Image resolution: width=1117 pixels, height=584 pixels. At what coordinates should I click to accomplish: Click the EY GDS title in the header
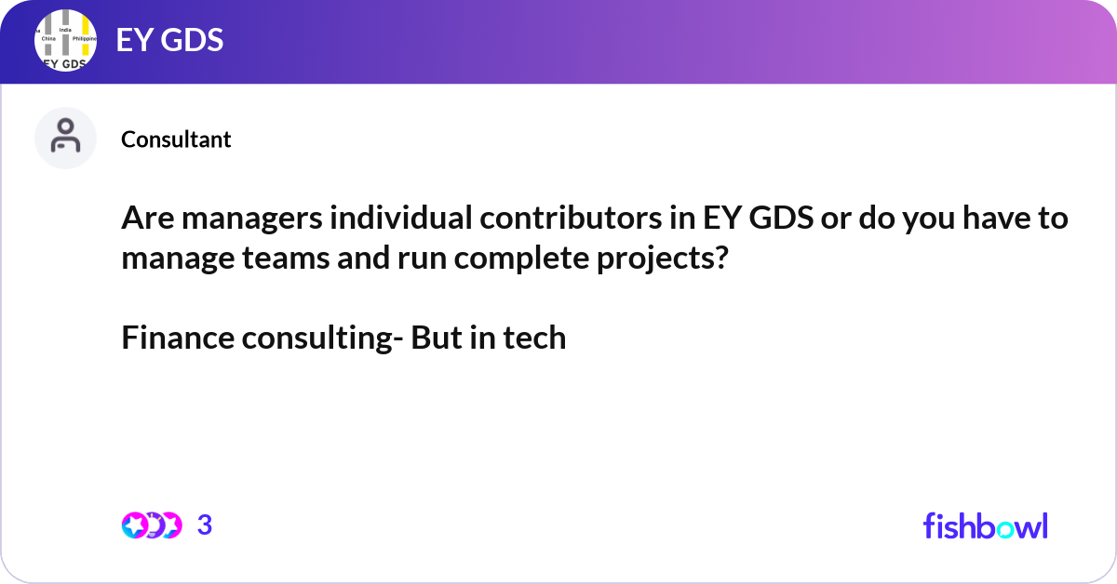169,41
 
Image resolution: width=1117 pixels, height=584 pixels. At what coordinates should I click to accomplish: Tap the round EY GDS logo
66,42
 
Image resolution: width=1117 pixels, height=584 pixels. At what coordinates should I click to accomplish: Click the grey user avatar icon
65,138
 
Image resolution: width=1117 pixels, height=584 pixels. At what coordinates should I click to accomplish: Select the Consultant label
176,139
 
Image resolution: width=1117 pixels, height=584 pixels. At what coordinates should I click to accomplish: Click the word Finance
178,338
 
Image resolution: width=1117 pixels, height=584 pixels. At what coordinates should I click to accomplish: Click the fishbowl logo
985,525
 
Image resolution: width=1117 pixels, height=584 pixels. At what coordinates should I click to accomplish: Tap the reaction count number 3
205,525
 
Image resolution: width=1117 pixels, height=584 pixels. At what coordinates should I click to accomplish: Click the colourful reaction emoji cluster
151,525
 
